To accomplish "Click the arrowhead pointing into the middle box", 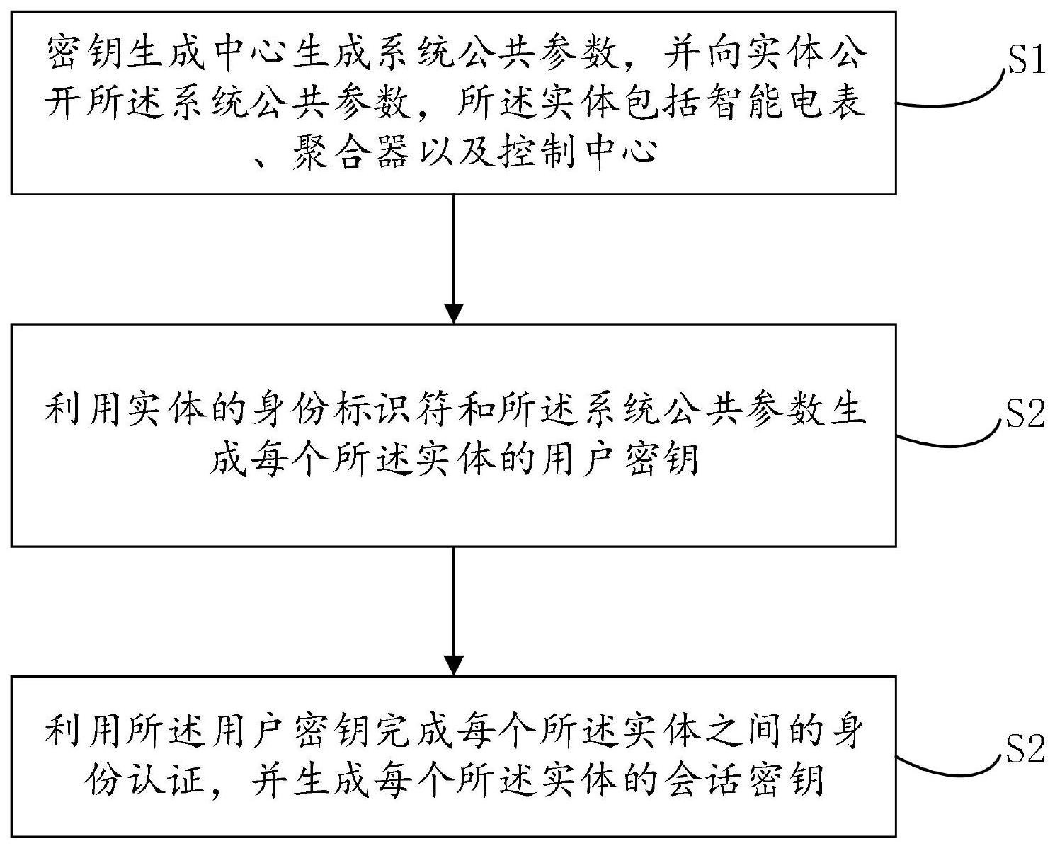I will [x=453, y=314].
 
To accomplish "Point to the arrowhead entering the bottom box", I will [x=453, y=665].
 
